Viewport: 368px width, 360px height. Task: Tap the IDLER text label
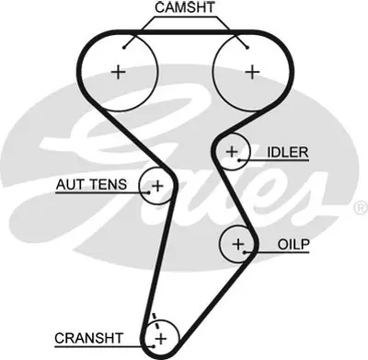click(288, 151)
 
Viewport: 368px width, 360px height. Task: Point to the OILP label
click(293, 244)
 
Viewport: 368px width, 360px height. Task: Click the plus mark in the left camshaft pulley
click(117, 71)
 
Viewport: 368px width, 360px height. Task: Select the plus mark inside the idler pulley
click(232, 151)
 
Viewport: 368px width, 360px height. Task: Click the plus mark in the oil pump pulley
click(238, 244)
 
